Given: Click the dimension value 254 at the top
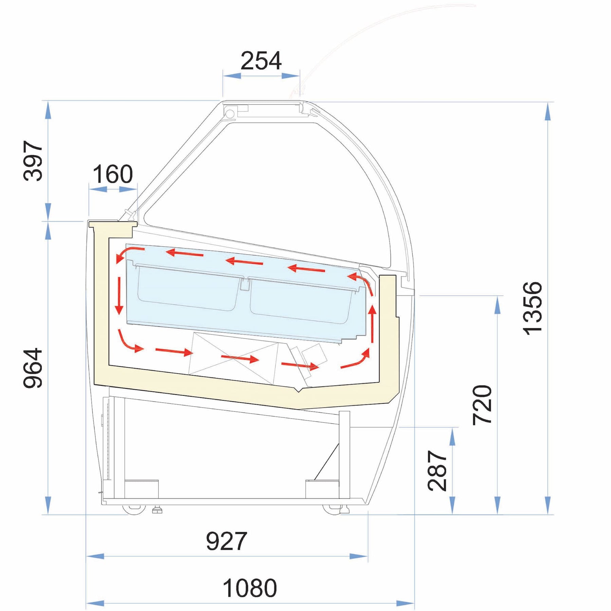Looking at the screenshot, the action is tap(261, 61).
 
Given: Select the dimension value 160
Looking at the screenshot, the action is tap(113, 174).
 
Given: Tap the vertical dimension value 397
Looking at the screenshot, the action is tap(33, 161).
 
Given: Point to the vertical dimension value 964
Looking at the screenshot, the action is tap(33, 368).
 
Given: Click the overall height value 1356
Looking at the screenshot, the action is tap(532, 308).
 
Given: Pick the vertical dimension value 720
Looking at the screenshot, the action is tap(482, 405).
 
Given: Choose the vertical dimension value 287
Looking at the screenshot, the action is tap(438, 470).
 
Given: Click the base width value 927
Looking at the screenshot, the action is tap(226, 541).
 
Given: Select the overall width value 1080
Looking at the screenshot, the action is tap(250, 588).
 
